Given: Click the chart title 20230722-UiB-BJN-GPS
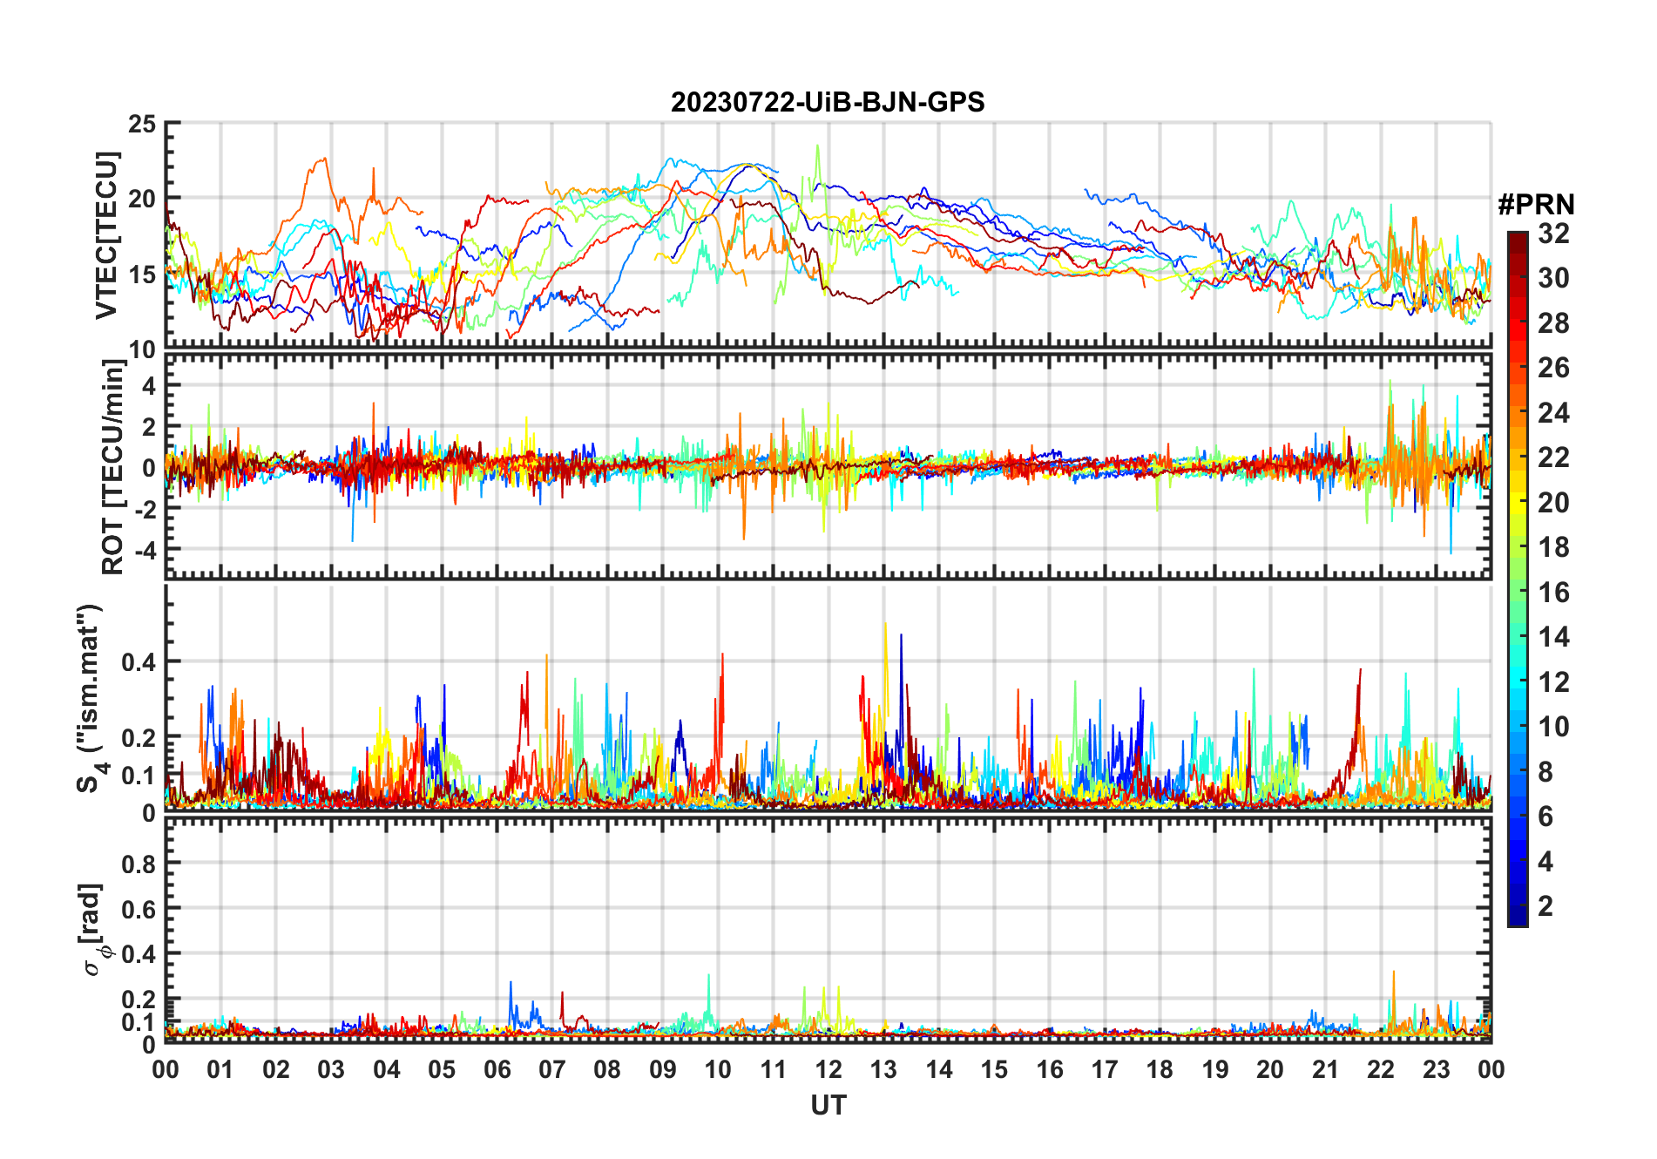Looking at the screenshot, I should pyautogui.click(x=828, y=103).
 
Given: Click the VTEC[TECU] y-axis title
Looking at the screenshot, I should pyautogui.click(x=106, y=235).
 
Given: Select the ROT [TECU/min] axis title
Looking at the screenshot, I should pyautogui.click(x=113, y=467).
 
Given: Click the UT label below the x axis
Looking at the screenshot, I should pyautogui.click(x=828, y=1106).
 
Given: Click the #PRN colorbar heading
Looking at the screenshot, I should pyautogui.click(x=1536, y=205).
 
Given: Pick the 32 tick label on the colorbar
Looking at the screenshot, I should pyautogui.click(x=1553, y=234).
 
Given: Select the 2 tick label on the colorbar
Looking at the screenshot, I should pyautogui.click(x=1545, y=906).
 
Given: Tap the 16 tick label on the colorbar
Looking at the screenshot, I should pyautogui.click(x=1553, y=593).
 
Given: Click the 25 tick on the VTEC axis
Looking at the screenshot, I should pyautogui.click(x=142, y=125).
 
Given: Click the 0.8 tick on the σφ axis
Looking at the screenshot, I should pyautogui.click(x=139, y=864).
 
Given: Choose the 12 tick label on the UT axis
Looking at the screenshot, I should pyautogui.click(x=828, y=1069).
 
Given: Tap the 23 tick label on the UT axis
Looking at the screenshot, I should pyautogui.click(x=1436, y=1069).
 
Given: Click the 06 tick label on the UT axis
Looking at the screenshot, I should pyautogui.click(x=497, y=1069).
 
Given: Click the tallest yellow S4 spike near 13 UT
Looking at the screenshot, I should pyautogui.click(x=885, y=624).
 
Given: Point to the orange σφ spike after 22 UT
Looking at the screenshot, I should pyautogui.click(x=1393, y=973).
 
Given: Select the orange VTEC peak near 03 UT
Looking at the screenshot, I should pyautogui.click(x=325, y=159).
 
